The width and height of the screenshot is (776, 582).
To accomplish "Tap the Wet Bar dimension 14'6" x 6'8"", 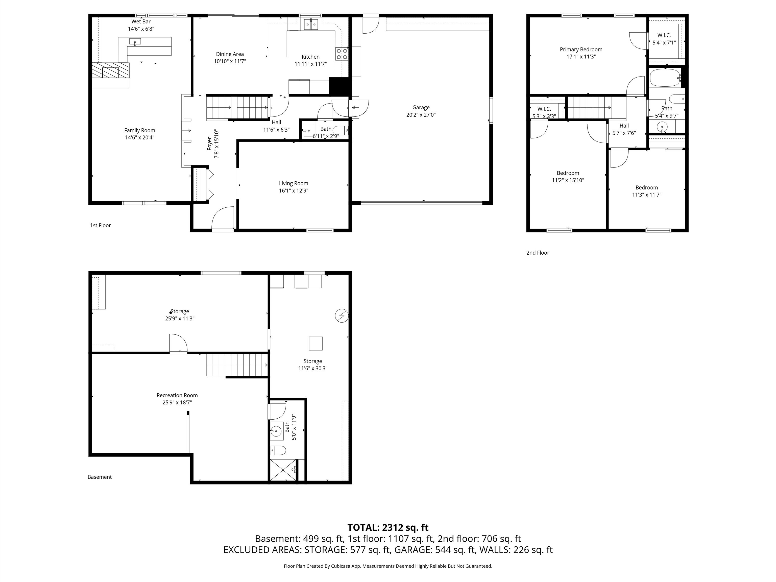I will click(x=141, y=29).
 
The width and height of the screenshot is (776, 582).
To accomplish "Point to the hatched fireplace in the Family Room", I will click(x=110, y=70).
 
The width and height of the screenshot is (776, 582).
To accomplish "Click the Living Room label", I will click(x=293, y=183).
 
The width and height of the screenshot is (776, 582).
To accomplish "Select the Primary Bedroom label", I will click(x=581, y=50).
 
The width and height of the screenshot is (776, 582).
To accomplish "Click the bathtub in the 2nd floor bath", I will click(x=665, y=78).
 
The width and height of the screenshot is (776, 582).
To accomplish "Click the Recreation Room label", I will click(x=177, y=395).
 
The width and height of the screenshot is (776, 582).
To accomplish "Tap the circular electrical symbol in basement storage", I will click(x=341, y=316).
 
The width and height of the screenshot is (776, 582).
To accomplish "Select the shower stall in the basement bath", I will click(x=283, y=470).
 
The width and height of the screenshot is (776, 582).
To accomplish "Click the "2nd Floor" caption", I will click(x=538, y=253).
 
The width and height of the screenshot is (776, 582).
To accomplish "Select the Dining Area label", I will click(x=230, y=54).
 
